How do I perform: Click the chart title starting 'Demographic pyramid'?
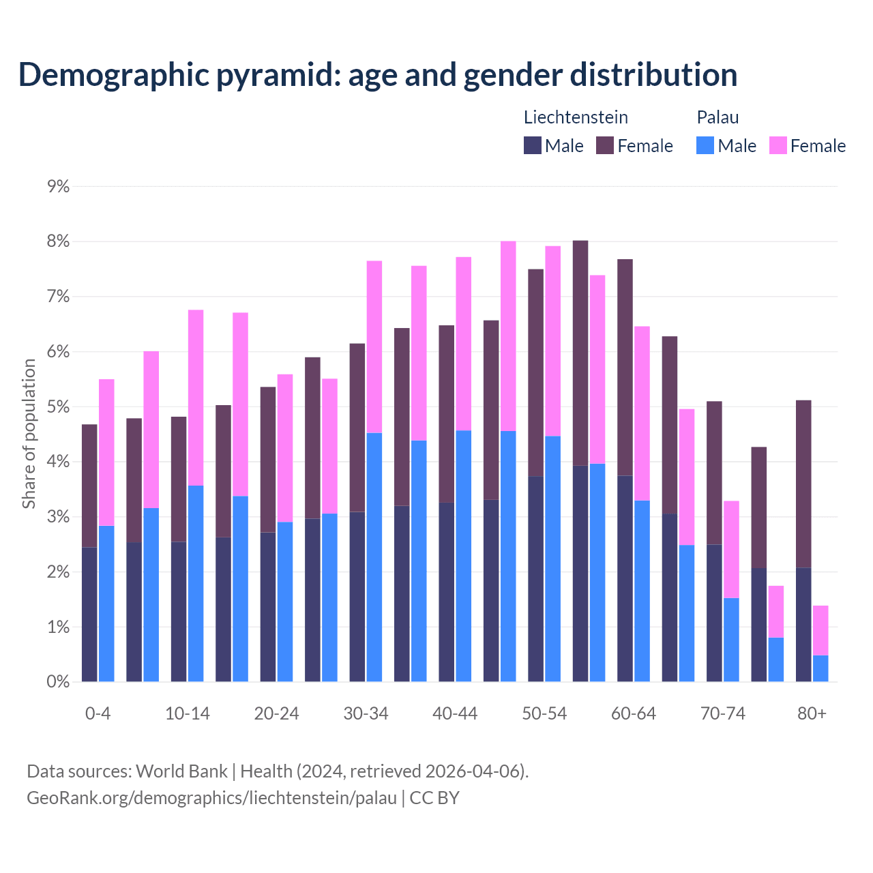coord(377,75)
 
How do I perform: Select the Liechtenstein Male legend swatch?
coord(532,145)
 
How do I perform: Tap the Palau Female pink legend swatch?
coord(778,145)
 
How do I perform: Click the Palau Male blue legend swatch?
coord(705,145)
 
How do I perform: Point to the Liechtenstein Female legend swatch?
coord(605,145)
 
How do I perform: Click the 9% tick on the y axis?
coord(58,187)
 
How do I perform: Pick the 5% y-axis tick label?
coord(58,407)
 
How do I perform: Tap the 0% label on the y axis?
coord(58,681)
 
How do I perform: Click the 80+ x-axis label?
coord(812,714)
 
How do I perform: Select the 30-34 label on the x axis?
coord(366,714)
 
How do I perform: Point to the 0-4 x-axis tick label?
coord(98,714)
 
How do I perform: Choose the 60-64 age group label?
coord(633,714)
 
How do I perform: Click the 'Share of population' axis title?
coord(29,434)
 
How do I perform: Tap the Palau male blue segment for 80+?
coord(820,668)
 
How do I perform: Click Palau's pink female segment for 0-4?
coord(106,452)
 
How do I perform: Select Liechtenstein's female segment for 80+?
coord(803,484)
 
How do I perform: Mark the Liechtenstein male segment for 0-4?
coord(89,614)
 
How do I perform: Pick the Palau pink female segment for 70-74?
coord(731,549)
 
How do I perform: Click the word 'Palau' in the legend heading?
coord(717,117)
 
